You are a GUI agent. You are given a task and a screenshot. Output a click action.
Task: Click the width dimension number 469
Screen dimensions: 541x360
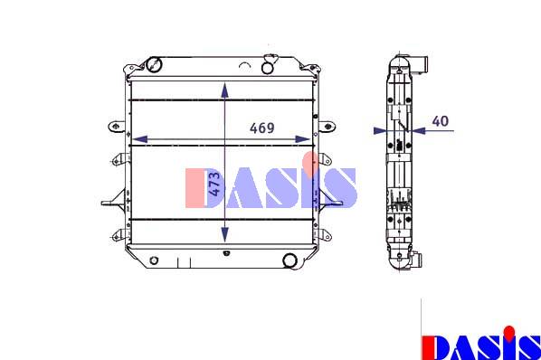[x=262, y=128]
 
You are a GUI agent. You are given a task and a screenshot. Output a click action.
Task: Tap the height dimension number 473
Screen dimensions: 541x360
[x=214, y=184]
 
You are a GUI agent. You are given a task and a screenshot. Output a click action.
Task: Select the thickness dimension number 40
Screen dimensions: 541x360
[x=441, y=121]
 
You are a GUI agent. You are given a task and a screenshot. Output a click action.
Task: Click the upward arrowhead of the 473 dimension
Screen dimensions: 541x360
[x=225, y=90]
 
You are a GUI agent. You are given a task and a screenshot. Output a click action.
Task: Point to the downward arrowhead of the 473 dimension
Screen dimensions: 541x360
[x=225, y=235]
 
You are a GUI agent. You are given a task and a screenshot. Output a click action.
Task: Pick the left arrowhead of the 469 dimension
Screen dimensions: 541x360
[x=140, y=139]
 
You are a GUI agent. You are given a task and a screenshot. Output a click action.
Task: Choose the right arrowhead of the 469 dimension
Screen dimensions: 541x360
[x=302, y=139]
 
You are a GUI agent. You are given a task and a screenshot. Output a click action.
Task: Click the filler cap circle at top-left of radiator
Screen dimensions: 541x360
[x=154, y=64]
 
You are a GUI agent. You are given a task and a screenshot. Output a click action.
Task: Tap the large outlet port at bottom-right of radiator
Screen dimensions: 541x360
[x=289, y=261]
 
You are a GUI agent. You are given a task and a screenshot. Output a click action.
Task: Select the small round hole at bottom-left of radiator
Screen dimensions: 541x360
[x=154, y=260]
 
